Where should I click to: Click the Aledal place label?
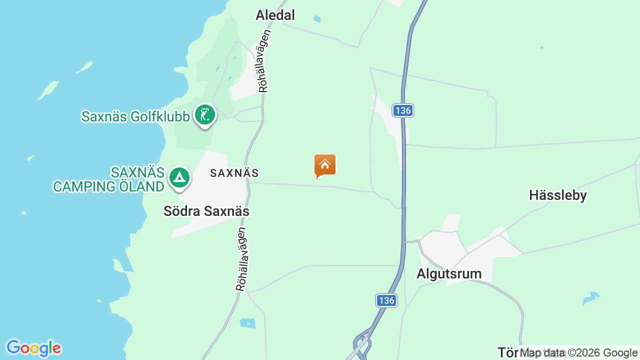(275, 15)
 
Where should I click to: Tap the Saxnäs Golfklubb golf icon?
(204, 115)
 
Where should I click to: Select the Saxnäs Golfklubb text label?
(135, 116)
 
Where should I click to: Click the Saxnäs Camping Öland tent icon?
(179, 177)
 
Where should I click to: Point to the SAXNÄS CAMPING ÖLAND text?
(109, 179)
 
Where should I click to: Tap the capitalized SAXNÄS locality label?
(234, 173)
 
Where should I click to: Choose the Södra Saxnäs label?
(206, 211)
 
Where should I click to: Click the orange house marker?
(325, 165)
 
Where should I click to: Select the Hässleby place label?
(557, 195)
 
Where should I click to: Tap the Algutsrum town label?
(449, 273)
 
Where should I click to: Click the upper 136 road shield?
(402, 110)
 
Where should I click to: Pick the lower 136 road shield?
(386, 300)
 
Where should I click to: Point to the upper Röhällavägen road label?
(265, 61)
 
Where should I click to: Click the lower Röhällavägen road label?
(242, 259)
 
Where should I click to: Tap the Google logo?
(33, 348)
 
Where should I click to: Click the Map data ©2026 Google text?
(578, 352)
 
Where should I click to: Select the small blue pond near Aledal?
(316, 19)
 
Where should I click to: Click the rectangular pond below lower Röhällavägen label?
(247, 323)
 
